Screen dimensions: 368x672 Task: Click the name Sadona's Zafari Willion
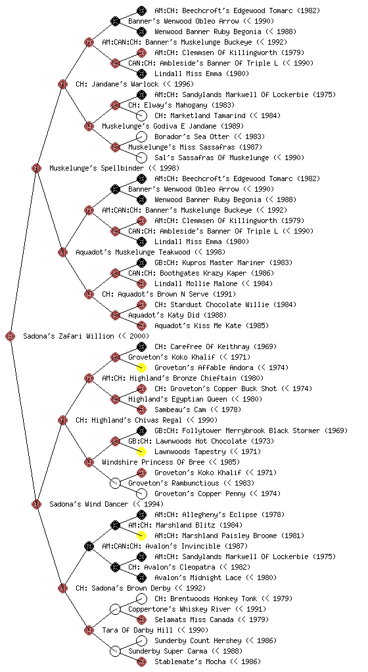point(86,336)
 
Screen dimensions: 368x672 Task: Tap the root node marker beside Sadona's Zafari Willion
point(11,337)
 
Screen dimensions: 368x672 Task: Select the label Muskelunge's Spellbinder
point(114,168)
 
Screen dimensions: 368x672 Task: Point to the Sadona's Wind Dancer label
point(106,504)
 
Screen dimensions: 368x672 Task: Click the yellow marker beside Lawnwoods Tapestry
point(141,451)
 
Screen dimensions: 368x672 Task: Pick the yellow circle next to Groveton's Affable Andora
point(141,367)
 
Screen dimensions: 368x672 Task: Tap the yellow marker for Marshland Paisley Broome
point(141,535)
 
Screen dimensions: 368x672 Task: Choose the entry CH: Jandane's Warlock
point(135,84)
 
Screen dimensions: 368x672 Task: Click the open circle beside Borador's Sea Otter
point(141,136)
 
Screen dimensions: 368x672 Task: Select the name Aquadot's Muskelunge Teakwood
point(150,252)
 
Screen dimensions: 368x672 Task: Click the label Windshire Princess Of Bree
point(171,462)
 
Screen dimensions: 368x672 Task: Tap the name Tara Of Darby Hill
point(155,630)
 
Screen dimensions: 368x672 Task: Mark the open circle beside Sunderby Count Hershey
point(141,640)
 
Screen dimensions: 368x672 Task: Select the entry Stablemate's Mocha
point(208,661)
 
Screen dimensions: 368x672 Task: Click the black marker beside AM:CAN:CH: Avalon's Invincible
point(89,546)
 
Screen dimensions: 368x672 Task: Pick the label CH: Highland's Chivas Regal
point(147,420)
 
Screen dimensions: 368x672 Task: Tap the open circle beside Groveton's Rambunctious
point(115,483)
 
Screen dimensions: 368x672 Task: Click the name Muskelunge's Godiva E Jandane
point(173,126)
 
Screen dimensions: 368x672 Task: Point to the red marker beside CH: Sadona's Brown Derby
point(62,588)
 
